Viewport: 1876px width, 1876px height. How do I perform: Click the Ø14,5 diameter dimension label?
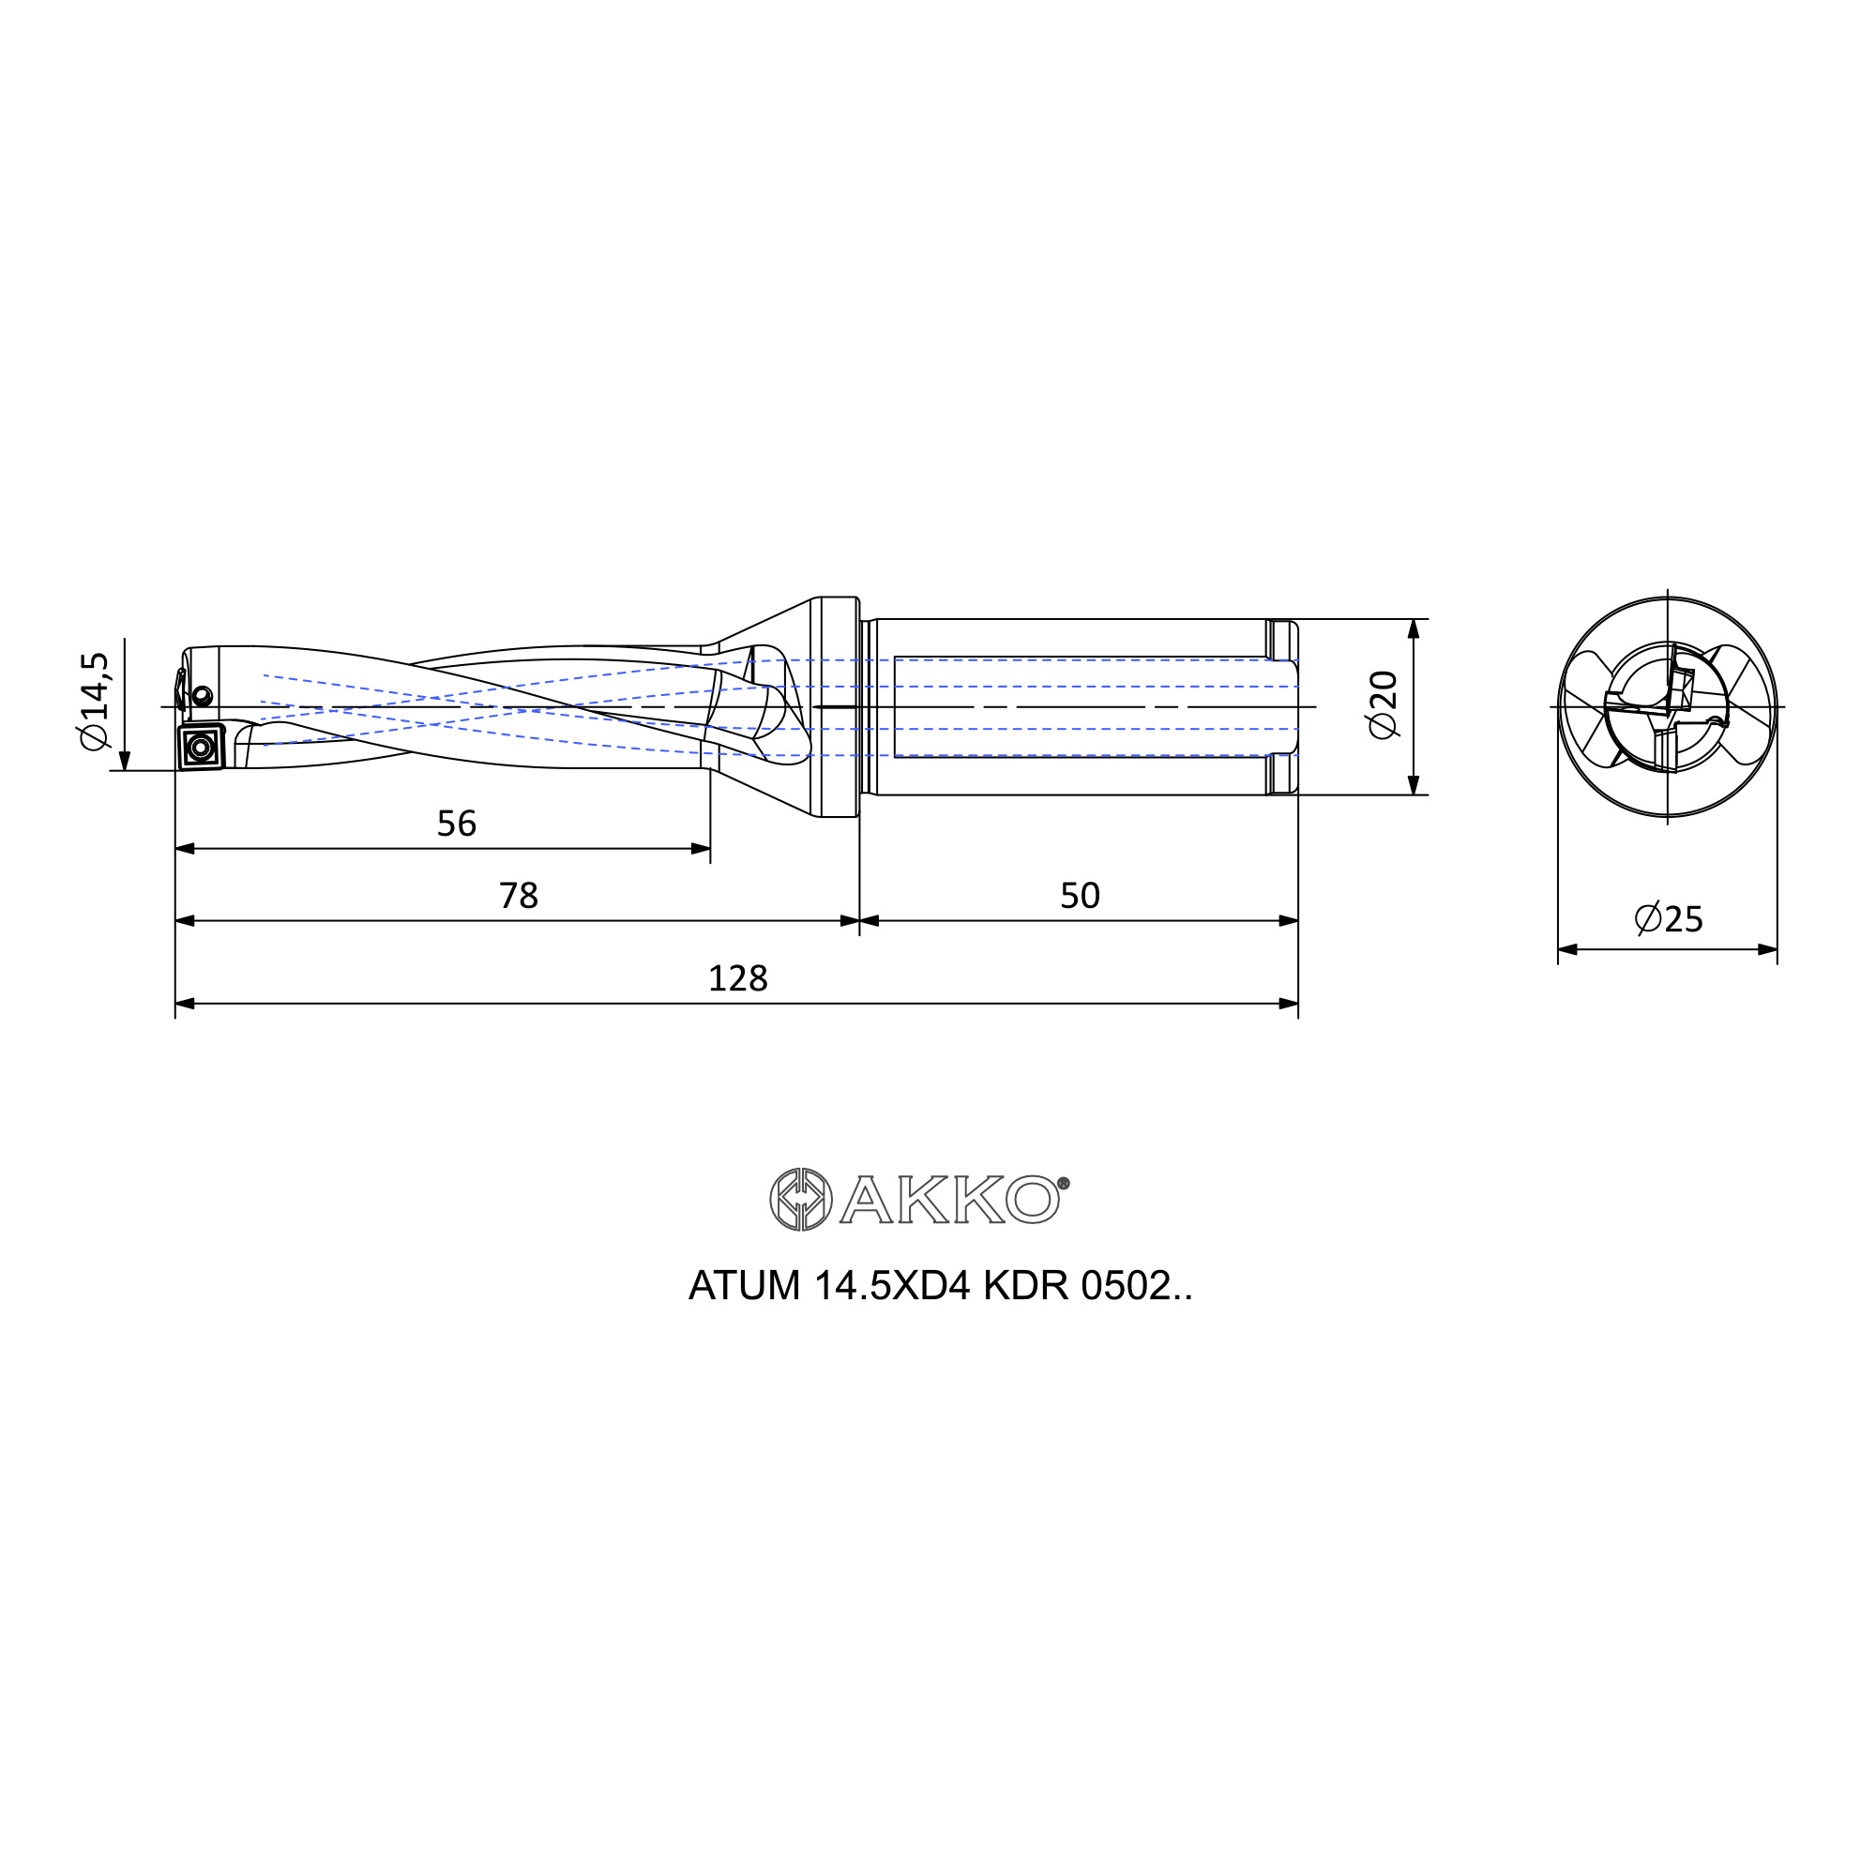tap(95, 700)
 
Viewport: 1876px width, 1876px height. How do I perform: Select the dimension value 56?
tap(457, 824)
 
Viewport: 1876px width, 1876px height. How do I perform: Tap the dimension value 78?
tap(519, 895)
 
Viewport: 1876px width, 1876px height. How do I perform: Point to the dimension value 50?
tap(1080, 895)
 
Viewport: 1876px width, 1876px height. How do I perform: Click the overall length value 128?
tap(738, 977)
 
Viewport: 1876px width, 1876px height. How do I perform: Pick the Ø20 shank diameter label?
tap(1382, 704)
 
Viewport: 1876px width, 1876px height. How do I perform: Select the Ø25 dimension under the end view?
tap(1668, 917)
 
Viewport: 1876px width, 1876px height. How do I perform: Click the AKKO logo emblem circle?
tap(800, 1199)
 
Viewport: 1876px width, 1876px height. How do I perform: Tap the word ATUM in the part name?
tap(745, 1287)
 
